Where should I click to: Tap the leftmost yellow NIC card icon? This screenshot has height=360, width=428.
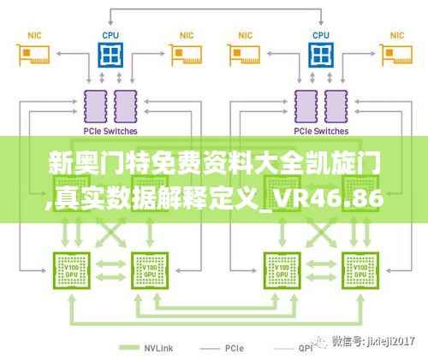coord(33,56)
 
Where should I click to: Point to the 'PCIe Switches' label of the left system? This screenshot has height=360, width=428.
coord(109,132)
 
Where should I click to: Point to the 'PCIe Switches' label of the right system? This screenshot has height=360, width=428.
coord(320,132)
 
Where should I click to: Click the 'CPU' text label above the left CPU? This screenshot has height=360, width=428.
coord(109,35)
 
